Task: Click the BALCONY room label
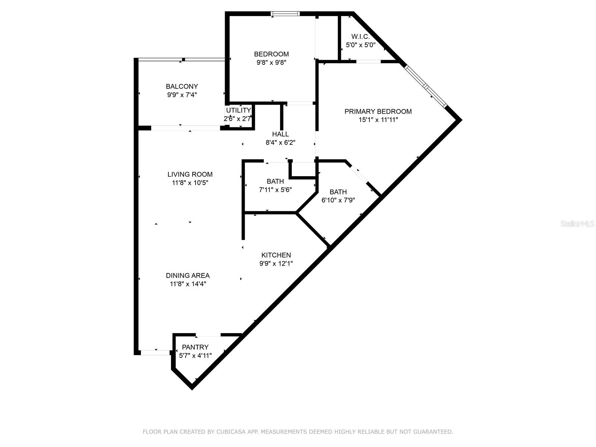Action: click(x=182, y=86)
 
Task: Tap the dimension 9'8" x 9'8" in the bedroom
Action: click(x=272, y=63)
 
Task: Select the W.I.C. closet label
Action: click(x=360, y=37)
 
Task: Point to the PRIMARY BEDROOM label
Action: click(x=378, y=111)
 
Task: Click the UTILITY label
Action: click(x=238, y=110)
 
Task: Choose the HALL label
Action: click(x=280, y=134)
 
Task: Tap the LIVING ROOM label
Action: click(x=190, y=174)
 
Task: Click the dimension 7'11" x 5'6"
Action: click(x=275, y=190)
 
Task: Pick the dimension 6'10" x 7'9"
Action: click(x=338, y=200)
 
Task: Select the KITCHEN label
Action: click(x=276, y=255)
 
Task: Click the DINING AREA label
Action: click(x=188, y=276)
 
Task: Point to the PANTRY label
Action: click(x=195, y=347)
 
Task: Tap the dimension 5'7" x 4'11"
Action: click(x=195, y=355)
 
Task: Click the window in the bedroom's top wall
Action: click(x=285, y=13)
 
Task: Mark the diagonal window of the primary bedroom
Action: click(x=425, y=86)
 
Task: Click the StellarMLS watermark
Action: click(x=577, y=224)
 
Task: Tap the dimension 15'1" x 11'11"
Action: click(x=378, y=120)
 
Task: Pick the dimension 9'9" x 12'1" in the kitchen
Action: click(x=276, y=263)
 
